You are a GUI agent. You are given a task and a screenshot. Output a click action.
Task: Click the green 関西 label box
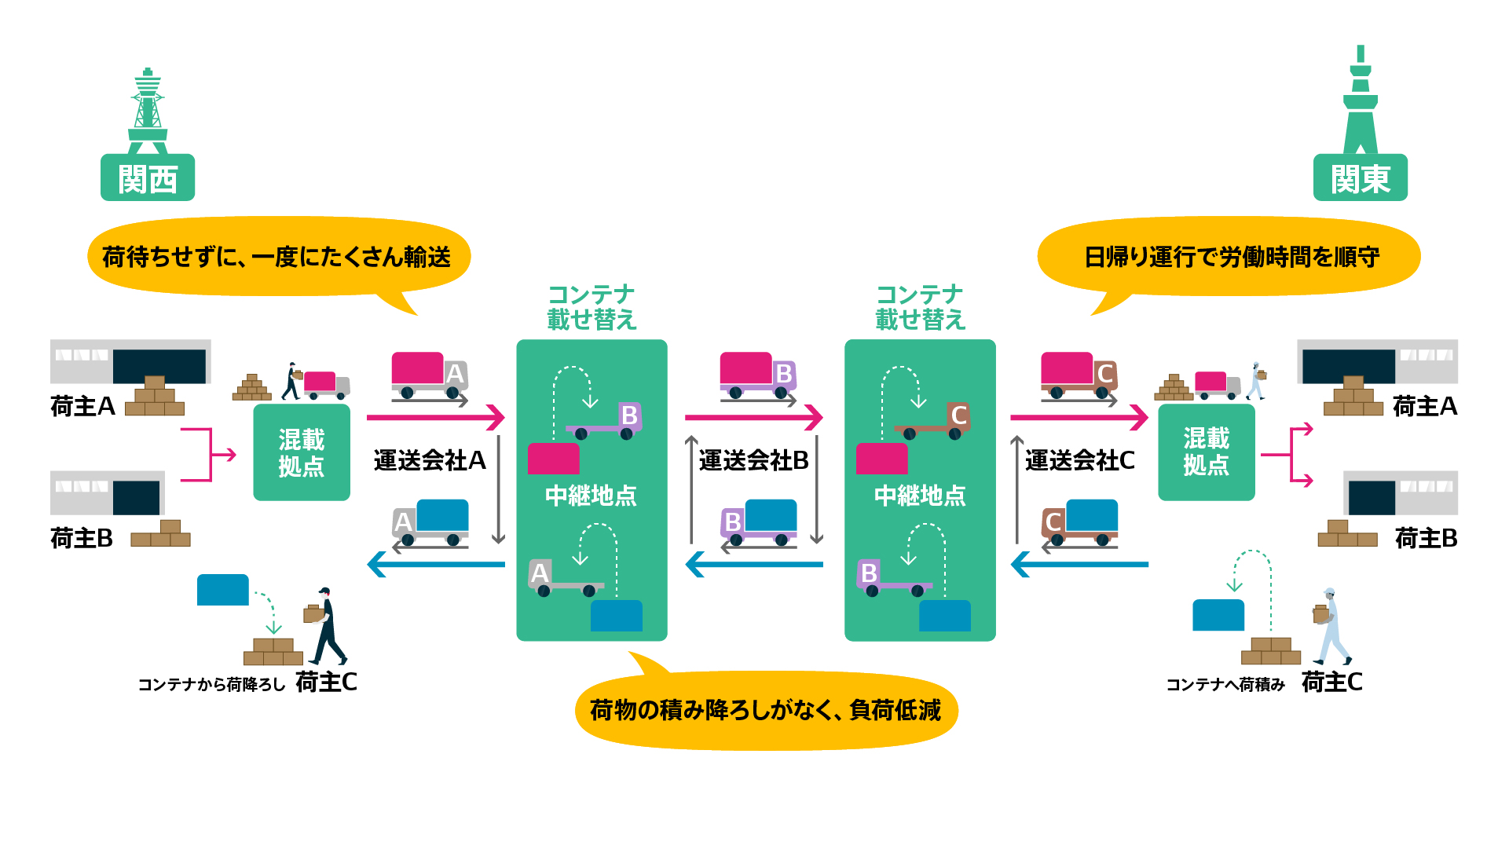(148, 178)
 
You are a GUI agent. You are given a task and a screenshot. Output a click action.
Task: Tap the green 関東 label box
(1360, 178)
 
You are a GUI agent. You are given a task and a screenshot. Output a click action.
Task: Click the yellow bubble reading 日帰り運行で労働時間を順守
(1230, 257)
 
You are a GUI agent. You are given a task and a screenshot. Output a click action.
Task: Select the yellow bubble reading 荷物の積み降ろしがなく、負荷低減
(766, 710)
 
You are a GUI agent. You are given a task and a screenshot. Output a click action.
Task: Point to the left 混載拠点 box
(302, 452)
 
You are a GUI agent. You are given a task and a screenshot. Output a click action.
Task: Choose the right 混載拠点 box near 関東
(1206, 452)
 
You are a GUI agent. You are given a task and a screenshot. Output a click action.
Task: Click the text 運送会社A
(429, 460)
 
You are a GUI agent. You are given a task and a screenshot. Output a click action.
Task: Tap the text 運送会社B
(753, 460)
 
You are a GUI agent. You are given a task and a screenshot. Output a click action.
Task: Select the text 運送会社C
(1079, 460)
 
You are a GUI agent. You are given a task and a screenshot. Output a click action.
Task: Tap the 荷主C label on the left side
(326, 682)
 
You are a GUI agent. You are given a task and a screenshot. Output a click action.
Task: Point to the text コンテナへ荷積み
(1225, 685)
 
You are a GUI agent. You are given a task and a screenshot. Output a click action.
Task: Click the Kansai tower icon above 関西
(148, 111)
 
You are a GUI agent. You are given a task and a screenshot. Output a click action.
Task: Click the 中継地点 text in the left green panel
(591, 496)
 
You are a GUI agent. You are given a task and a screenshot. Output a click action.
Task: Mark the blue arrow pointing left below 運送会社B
(754, 564)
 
